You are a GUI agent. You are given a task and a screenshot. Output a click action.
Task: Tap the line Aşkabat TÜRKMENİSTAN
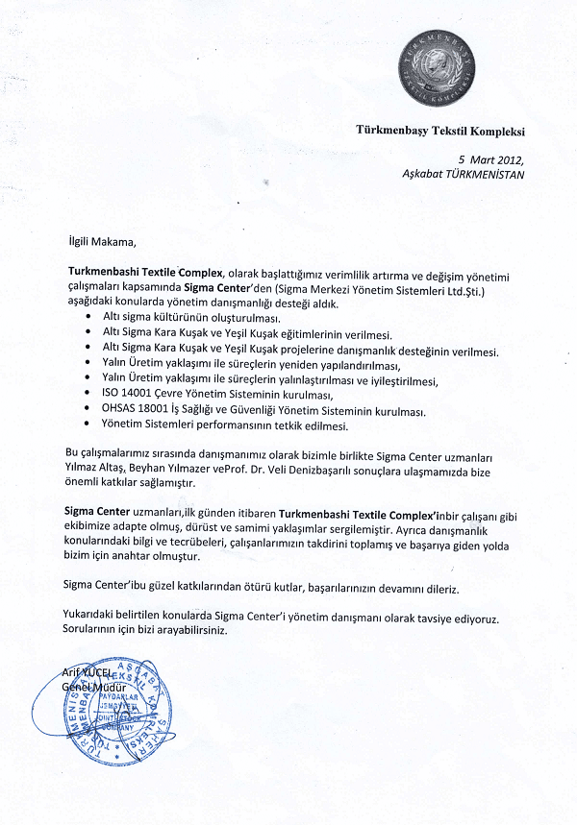coord(464,174)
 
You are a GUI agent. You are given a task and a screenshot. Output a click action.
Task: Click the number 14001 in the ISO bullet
coord(145,395)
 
